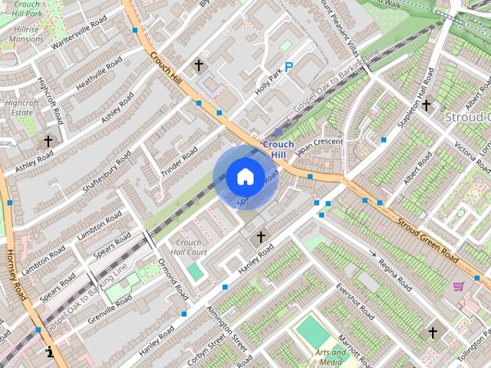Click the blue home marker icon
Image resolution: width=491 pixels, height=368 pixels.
(x=245, y=176)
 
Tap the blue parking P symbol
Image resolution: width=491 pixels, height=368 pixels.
(x=288, y=67)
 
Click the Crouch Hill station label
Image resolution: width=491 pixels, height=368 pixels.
(x=278, y=149)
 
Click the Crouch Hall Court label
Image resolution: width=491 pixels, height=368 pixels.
(x=189, y=247)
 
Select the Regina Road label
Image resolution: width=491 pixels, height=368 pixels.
(x=396, y=275)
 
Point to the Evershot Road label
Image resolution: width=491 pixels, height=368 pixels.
(x=354, y=302)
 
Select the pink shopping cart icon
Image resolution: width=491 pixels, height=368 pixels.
(x=459, y=286)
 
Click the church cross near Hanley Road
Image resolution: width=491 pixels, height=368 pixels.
(x=261, y=237)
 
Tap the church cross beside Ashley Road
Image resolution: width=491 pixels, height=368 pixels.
(x=48, y=141)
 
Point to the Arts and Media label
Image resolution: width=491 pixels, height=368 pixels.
(x=331, y=357)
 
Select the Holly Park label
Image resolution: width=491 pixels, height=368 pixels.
(x=268, y=78)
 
